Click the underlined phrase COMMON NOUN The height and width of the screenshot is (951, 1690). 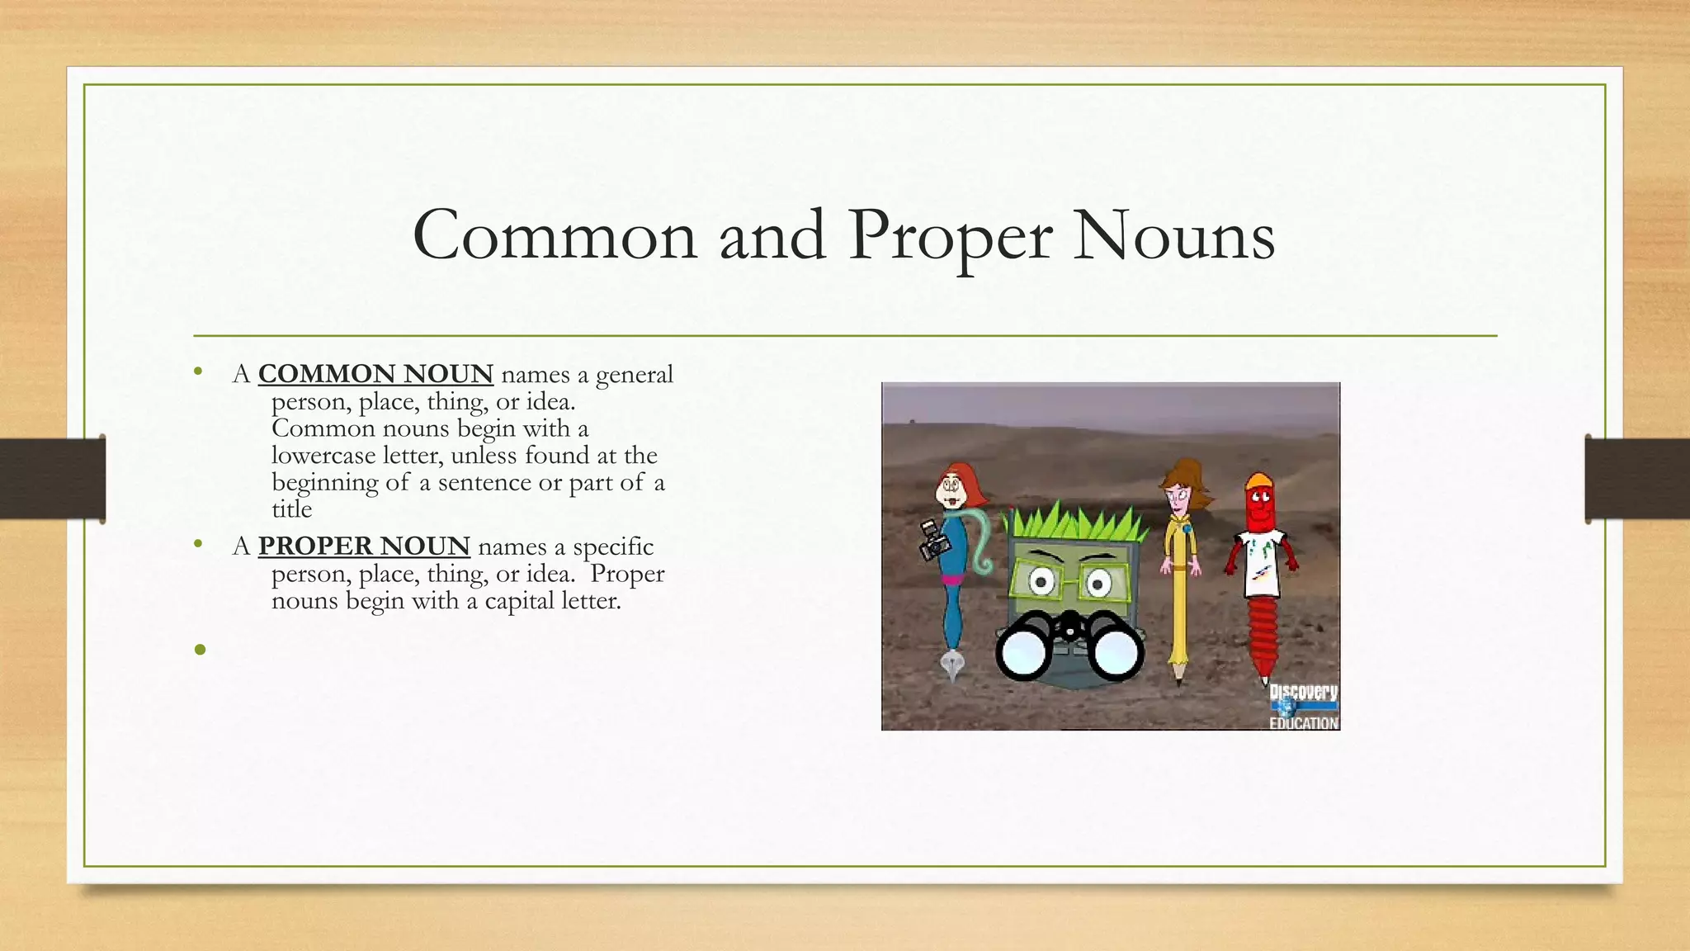click(x=375, y=374)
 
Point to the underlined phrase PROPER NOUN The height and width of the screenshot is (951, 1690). click(x=364, y=546)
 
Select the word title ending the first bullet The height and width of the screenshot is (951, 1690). click(x=292, y=509)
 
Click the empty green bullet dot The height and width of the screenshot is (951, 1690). click(x=200, y=650)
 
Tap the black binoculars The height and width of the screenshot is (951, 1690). click(x=1069, y=647)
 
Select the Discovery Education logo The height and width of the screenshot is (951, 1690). click(x=1303, y=706)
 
